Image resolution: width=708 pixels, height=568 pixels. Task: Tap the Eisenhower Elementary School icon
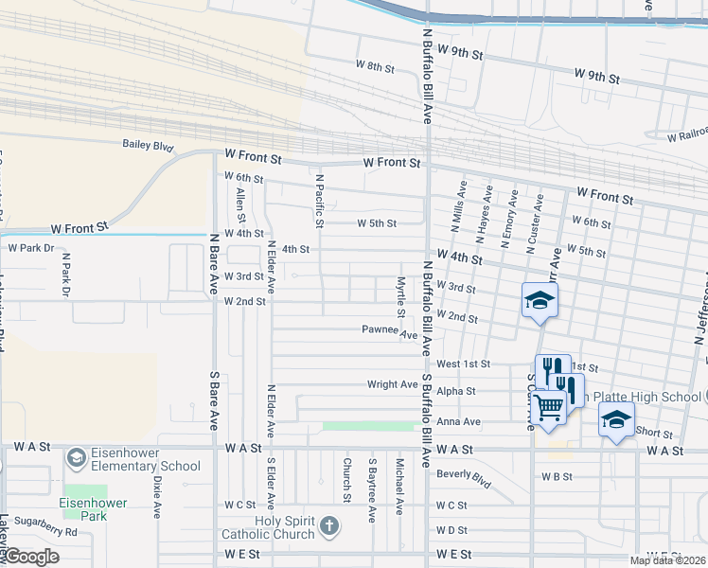[76, 458]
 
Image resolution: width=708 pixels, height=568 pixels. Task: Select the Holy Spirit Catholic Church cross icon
[328, 526]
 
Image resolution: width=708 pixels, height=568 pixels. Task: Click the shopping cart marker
[548, 407]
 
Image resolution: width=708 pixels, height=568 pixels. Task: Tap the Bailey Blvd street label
[149, 146]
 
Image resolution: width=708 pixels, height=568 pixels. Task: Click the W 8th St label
[375, 66]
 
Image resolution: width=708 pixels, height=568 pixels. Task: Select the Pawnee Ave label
[389, 332]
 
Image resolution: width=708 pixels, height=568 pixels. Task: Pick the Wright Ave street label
[392, 384]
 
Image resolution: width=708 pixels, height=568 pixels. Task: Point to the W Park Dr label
[31, 247]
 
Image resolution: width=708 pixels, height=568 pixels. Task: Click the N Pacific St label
[319, 201]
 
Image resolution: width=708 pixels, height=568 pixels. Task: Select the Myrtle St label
[401, 296]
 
